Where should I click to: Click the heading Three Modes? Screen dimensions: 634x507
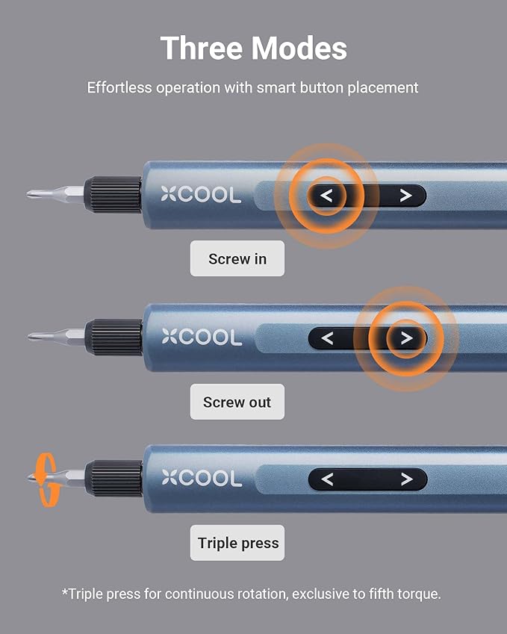point(253,49)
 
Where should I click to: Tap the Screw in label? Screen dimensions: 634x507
point(237,259)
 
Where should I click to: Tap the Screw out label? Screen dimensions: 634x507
point(237,403)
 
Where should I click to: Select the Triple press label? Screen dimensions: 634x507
point(238,543)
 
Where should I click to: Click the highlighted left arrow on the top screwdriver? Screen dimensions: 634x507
point(326,196)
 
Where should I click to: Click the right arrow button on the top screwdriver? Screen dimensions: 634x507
point(405,196)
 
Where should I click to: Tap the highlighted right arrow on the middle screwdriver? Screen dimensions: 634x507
point(405,338)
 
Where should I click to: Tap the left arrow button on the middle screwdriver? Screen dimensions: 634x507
point(326,338)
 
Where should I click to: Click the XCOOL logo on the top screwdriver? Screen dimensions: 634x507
point(201,196)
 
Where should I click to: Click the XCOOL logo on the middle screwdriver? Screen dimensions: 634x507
point(201,338)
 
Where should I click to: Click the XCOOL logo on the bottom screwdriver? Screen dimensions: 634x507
point(201,479)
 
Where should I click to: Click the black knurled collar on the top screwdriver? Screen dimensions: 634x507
point(113,195)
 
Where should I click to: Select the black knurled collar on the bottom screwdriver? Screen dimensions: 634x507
point(113,479)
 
